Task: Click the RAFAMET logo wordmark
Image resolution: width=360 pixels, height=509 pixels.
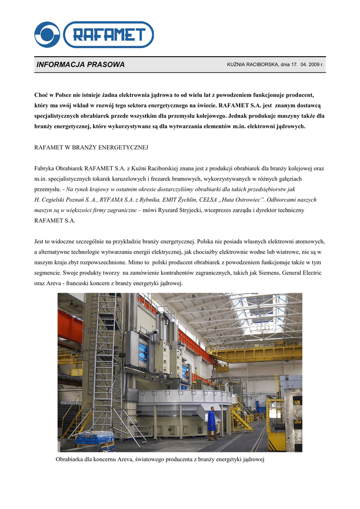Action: pyautogui.click(x=109, y=35)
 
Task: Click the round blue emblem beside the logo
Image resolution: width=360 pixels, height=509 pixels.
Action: pyautogui.click(x=47, y=35)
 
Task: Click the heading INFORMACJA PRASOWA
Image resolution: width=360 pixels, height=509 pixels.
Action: pyautogui.click(x=81, y=65)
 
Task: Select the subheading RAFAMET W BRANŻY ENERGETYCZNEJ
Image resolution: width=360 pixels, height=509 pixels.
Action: pyautogui.click(x=91, y=148)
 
